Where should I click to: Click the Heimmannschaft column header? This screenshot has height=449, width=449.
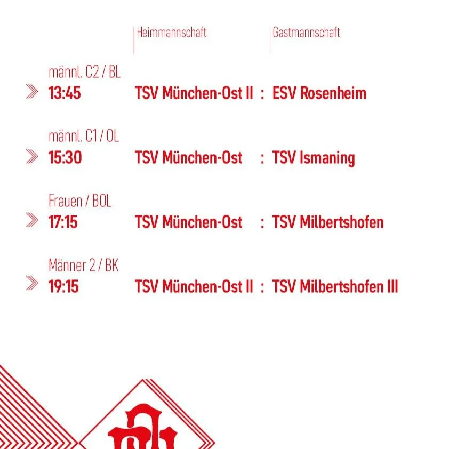tap(171, 33)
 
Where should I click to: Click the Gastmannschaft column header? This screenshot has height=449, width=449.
tap(306, 33)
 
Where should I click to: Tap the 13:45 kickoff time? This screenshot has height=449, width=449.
tap(65, 93)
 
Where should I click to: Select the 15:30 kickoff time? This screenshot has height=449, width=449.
tap(65, 158)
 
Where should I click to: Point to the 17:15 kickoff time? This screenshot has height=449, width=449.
tap(63, 222)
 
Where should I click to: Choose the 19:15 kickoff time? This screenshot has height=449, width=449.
tap(63, 286)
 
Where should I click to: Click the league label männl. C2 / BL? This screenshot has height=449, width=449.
tap(84, 72)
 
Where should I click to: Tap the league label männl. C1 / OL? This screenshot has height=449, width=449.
tap(84, 137)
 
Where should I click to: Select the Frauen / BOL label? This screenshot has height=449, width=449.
tap(80, 201)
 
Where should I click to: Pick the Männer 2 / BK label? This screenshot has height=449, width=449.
tap(83, 265)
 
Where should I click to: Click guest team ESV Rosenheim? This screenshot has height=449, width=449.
tap(319, 93)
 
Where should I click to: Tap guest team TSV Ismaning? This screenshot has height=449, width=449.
tap(314, 158)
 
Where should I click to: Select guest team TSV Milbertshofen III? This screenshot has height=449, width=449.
tap(335, 286)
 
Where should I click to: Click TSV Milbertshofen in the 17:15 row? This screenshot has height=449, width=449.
tap(328, 222)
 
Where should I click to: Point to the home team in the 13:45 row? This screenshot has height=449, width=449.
tap(194, 93)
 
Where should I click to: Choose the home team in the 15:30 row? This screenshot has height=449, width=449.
tap(188, 158)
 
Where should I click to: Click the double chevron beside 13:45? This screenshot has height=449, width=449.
tap(32, 92)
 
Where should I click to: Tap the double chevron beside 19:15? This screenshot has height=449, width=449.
tap(32, 284)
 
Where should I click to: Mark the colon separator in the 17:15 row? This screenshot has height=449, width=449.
tap(262, 223)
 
